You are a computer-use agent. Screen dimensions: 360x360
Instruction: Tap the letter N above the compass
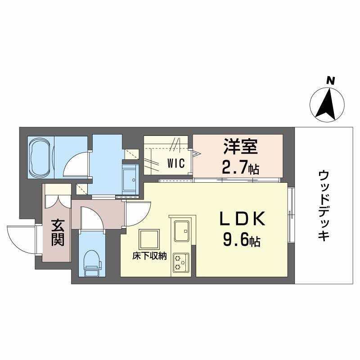pos(331,81)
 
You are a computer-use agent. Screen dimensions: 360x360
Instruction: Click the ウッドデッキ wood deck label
pos(323,206)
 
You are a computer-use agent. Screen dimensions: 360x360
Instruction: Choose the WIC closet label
pos(176,163)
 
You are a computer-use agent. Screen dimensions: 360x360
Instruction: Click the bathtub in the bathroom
pos(41,157)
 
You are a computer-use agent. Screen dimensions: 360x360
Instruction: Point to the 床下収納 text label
pos(149,256)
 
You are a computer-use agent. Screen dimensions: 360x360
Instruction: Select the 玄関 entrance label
pos(56,232)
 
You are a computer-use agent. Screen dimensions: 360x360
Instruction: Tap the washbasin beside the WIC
pos(131,177)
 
